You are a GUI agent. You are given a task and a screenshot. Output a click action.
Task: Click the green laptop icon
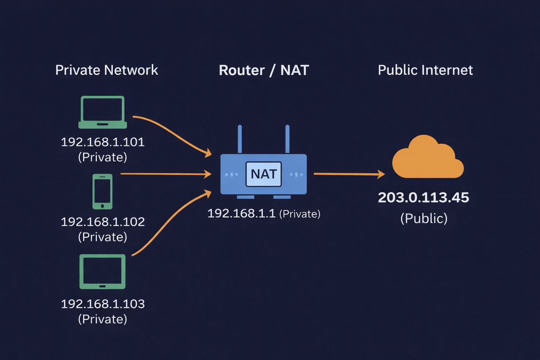(x=102, y=112)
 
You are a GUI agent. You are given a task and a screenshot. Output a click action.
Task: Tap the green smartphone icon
(x=102, y=192)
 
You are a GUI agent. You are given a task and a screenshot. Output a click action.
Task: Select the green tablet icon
(x=102, y=271)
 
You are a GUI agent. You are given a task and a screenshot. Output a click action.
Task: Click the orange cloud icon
(x=427, y=158)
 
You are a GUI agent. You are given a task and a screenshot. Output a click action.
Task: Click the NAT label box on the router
(x=263, y=174)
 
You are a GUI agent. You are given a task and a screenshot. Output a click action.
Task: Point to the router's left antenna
(x=240, y=139)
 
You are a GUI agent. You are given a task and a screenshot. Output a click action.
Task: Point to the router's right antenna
(x=287, y=139)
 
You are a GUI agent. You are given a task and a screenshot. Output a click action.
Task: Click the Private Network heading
(x=107, y=70)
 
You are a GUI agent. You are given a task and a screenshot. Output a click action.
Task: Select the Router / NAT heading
(x=264, y=70)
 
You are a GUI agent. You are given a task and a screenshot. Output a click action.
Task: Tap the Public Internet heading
(x=425, y=70)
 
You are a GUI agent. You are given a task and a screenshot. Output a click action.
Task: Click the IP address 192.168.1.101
(x=103, y=142)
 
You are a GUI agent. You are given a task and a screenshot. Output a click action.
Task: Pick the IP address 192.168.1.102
(x=103, y=222)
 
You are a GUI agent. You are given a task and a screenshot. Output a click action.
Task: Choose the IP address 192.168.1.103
(x=103, y=304)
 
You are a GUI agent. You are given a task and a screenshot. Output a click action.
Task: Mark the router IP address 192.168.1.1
(x=241, y=213)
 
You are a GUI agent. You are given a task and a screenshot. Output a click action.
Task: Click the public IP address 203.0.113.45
(x=423, y=198)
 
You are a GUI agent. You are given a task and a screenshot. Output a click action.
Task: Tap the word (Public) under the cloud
(x=424, y=218)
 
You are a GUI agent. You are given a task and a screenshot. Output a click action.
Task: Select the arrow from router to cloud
(x=348, y=174)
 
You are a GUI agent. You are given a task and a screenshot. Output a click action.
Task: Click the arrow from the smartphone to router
(x=165, y=174)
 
